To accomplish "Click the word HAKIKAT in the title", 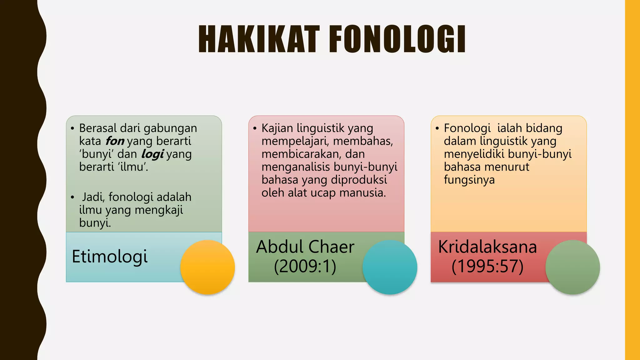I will (259, 39).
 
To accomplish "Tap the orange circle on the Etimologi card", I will (207, 267).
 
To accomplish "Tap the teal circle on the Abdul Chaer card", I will (390, 267).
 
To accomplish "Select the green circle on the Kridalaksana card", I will (572, 267).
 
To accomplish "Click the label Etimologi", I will (109, 257).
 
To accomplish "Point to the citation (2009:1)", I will (305, 267).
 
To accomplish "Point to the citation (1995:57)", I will (487, 267).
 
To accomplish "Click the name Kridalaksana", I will (487, 247).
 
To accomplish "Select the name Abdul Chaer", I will (305, 247).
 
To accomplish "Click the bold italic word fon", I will (115, 141).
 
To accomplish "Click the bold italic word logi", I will (152, 154).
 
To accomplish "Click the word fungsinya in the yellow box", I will (469, 180).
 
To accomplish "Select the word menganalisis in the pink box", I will (296, 167).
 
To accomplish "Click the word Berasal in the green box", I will (98, 128).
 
